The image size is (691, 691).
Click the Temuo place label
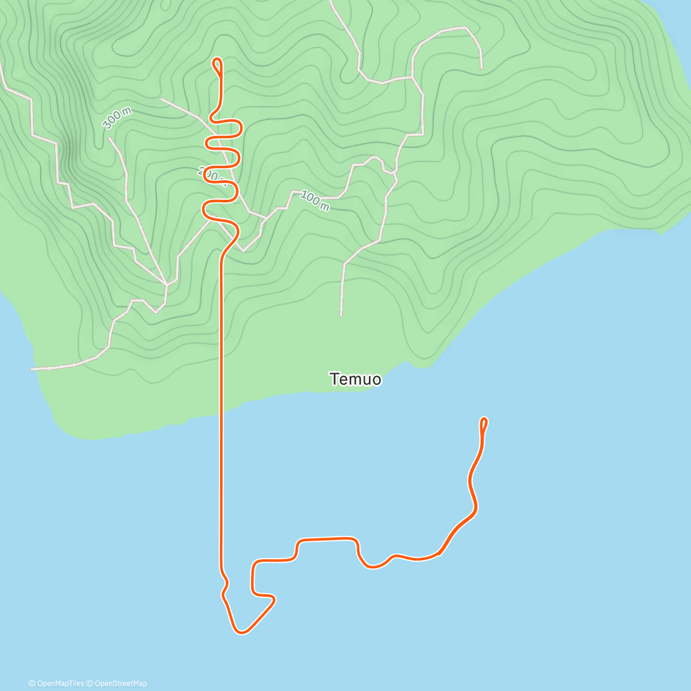(355, 379)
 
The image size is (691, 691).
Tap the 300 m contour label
(117, 119)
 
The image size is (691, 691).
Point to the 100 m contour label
(315, 201)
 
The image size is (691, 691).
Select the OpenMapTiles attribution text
(56, 684)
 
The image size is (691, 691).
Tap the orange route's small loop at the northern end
(217, 65)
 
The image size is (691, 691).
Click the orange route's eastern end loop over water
(484, 423)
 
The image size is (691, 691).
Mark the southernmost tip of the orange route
(241, 633)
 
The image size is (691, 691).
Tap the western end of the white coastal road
(32, 369)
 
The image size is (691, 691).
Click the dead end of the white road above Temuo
(341, 316)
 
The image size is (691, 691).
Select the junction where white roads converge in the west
(166, 284)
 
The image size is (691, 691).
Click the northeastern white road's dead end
(481, 68)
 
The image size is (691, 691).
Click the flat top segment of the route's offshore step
(326, 539)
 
